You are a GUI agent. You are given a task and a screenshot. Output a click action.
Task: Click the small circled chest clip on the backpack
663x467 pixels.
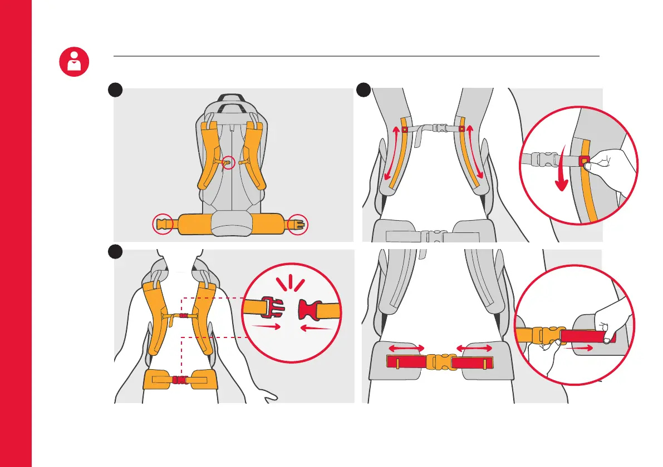tap(228, 163)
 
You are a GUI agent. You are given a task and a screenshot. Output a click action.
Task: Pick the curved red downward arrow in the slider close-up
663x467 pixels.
tap(563, 170)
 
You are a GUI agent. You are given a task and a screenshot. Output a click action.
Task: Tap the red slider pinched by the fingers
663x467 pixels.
tap(584, 161)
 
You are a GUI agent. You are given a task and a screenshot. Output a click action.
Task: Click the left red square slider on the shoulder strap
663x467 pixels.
tap(405, 130)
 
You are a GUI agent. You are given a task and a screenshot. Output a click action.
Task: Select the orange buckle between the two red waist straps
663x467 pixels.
tap(440, 362)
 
